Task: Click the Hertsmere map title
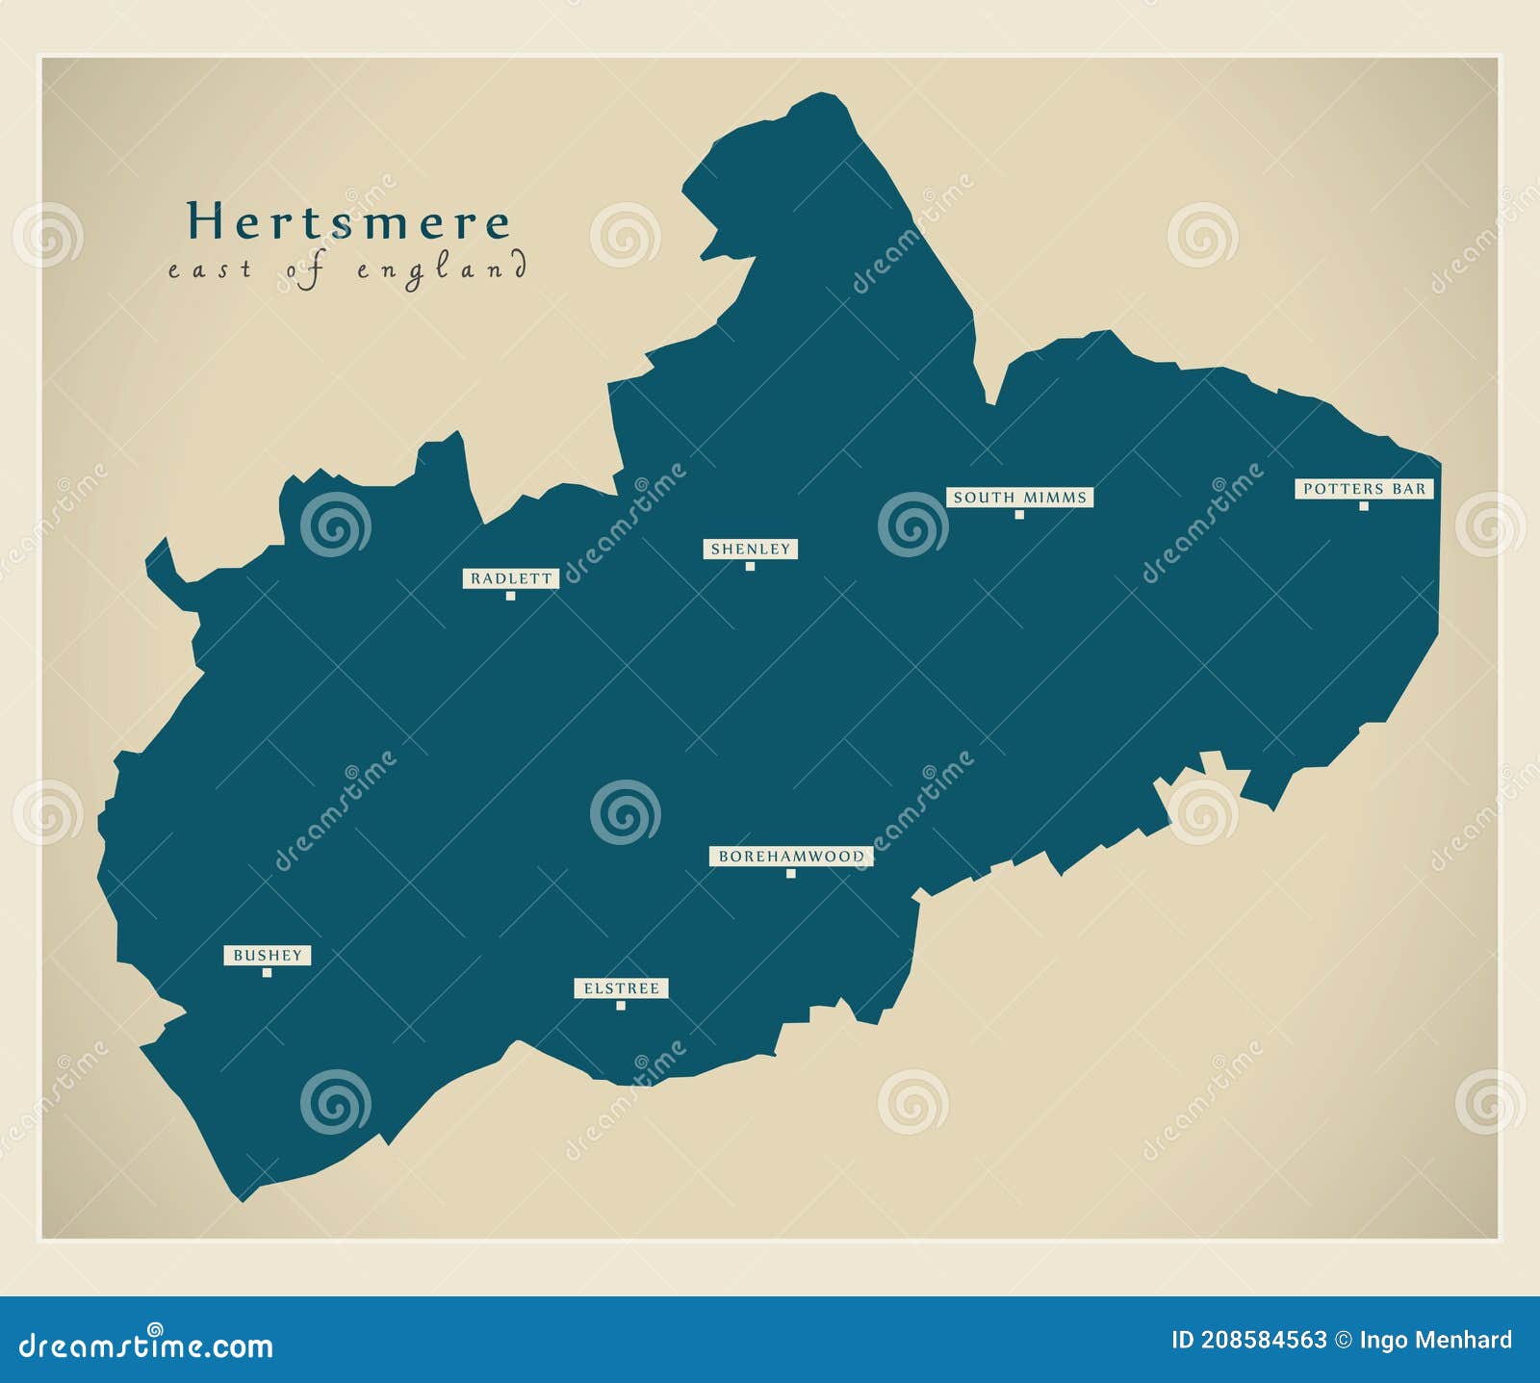pos(347,222)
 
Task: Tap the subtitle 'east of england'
pos(347,269)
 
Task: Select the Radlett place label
pos(511,578)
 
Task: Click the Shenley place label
pos(750,549)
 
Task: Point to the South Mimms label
pos(1019,498)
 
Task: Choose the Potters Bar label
pos(1364,489)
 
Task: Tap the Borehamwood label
pos(791,856)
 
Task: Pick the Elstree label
pos(621,988)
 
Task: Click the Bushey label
pos(268,956)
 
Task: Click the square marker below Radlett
pos(510,596)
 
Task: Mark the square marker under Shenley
pos(750,566)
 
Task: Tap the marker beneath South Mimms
pos(1019,515)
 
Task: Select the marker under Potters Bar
pos(1364,506)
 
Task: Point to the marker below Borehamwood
pos(791,874)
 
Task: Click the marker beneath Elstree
pos(621,1006)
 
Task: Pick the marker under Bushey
pos(268,973)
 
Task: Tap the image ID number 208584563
pos(1262,1340)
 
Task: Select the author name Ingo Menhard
pos(1435,1340)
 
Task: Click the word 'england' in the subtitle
pos(442,269)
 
